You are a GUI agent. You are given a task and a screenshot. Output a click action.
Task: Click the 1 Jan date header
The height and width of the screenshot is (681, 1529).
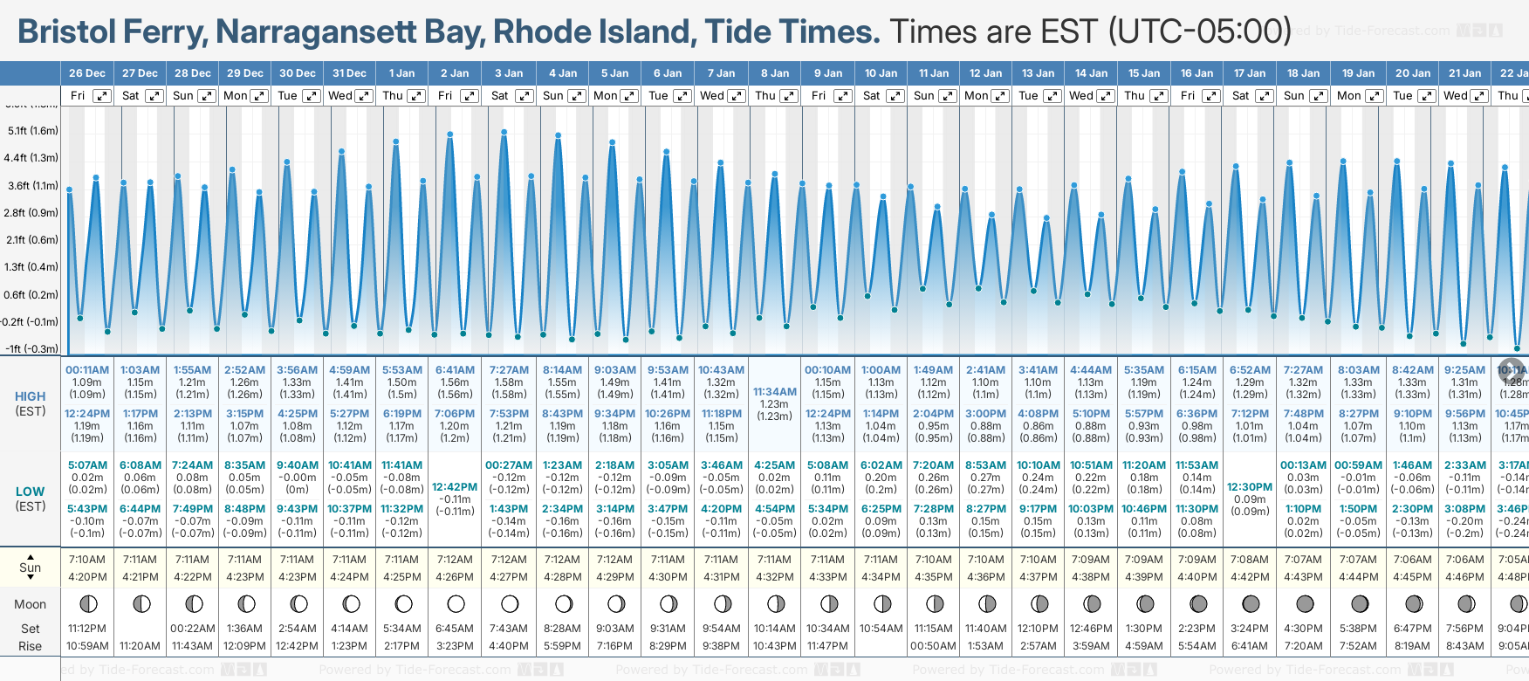401,73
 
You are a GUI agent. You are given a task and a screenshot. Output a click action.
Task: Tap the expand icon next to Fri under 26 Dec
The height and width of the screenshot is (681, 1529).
102,96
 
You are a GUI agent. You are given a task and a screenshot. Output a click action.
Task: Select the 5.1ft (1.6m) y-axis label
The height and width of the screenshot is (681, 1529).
32,131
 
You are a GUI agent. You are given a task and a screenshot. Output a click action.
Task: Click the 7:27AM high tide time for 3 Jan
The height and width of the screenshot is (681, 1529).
509,370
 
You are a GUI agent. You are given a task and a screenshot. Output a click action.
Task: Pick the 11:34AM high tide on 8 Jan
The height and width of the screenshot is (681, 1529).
774,392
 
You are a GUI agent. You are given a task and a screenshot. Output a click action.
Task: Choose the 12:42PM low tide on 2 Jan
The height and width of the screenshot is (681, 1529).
455,487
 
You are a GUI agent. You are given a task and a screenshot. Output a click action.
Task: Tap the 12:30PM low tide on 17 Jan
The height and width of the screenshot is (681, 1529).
1250,487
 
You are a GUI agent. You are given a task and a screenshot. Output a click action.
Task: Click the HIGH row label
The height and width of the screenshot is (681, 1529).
31,396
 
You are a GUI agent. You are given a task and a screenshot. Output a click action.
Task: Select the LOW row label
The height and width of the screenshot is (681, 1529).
31,492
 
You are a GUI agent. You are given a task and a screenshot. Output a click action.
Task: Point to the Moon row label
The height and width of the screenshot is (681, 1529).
31,604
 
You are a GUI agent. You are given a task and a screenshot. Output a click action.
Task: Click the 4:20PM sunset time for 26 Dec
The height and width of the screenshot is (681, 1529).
87,577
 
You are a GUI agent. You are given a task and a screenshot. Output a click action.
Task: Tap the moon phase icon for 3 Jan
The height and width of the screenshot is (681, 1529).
510,603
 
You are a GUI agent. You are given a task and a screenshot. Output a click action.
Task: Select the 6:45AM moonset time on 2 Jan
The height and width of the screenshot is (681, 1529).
455,629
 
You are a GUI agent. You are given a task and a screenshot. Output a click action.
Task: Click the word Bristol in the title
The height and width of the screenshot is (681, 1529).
66,31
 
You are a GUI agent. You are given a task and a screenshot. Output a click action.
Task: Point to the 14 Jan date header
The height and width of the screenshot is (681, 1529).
1091,73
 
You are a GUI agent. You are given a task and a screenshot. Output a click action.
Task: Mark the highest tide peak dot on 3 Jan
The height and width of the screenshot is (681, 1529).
504,133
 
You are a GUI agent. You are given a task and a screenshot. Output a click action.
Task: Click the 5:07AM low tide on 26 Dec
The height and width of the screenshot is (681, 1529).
87,465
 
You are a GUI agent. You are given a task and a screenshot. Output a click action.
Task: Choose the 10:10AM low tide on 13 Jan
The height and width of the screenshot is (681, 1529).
1039,465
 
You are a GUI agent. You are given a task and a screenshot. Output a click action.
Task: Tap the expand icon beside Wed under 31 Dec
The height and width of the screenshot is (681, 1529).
365,96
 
